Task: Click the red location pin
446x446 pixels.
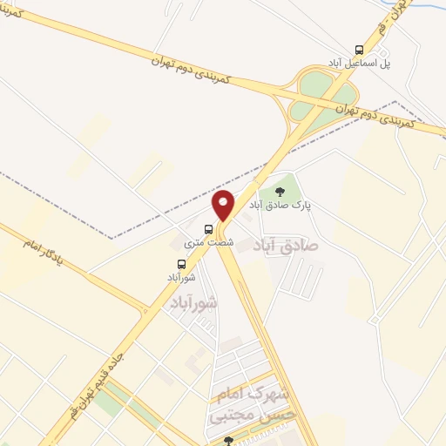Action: point(225,206)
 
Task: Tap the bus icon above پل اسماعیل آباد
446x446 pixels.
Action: point(360,51)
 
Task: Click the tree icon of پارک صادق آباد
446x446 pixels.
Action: point(280,192)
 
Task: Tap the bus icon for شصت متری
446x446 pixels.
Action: point(220,231)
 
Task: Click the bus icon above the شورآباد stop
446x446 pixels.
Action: point(181,263)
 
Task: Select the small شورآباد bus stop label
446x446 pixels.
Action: point(181,276)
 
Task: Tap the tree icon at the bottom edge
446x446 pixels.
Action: point(228,441)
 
